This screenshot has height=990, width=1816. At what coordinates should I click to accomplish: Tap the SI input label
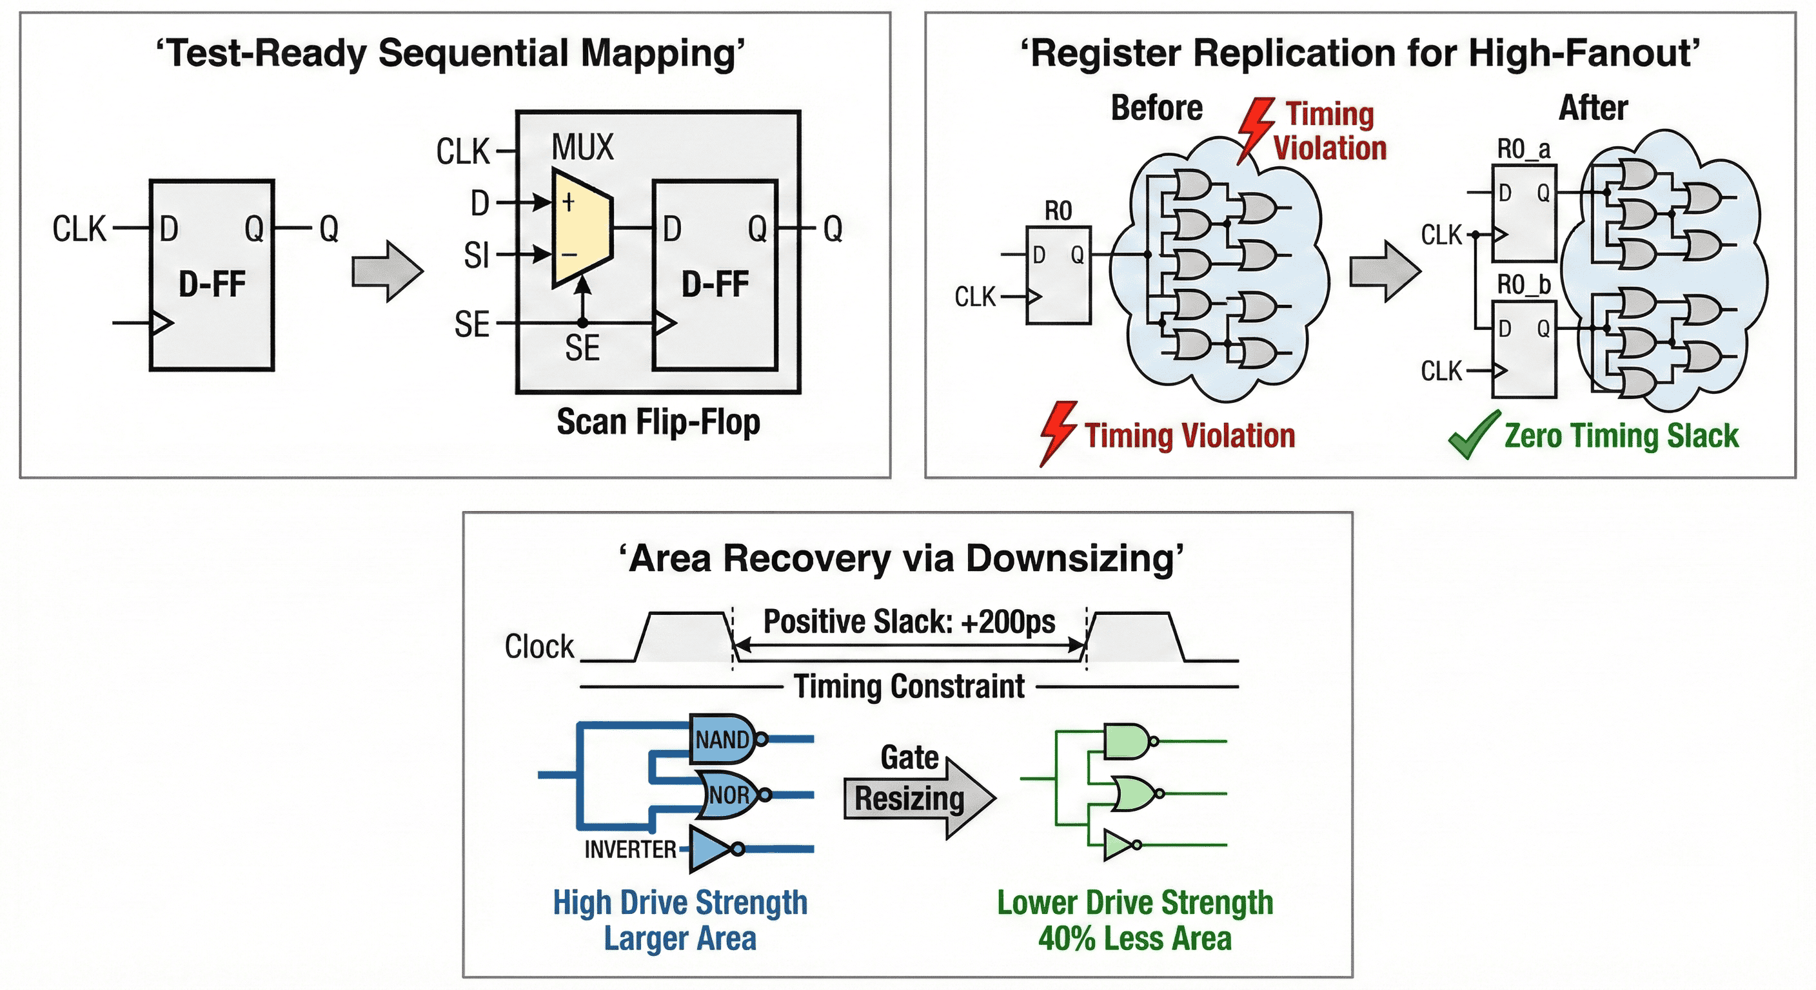tap(477, 255)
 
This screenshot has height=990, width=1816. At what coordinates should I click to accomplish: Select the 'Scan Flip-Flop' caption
tap(658, 422)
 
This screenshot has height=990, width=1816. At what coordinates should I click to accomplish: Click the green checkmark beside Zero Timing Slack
tap(1474, 435)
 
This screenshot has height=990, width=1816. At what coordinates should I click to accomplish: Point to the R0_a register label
tap(1523, 150)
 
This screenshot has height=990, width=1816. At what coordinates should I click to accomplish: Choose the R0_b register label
tap(1523, 285)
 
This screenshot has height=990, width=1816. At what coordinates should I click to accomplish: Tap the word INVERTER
tap(629, 849)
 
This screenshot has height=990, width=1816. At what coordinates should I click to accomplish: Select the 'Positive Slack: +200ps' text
tap(909, 621)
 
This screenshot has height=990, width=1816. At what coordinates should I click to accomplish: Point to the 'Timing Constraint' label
tap(909, 686)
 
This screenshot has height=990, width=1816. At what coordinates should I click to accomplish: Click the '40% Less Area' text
tap(1135, 938)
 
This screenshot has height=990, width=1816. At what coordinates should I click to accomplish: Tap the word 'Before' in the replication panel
tap(1156, 108)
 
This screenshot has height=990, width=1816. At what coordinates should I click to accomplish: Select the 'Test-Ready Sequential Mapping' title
tap(451, 53)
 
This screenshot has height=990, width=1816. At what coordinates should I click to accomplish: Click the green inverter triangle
tap(1118, 844)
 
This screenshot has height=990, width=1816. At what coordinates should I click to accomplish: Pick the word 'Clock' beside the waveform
tap(539, 646)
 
